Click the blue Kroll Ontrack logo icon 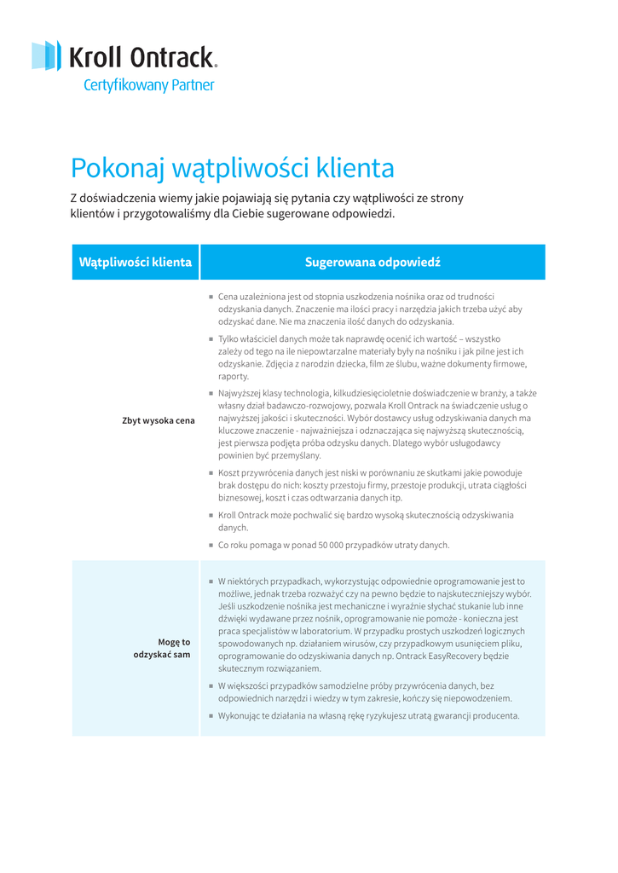pos(47,56)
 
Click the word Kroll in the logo pos(94,58)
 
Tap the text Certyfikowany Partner pos(148,85)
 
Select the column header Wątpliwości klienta pos(136,262)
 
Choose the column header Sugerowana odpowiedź pos(373,262)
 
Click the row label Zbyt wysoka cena pos(159,420)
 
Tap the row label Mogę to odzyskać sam pos(162,648)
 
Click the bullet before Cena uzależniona pos(211,297)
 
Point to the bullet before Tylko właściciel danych pos(211,338)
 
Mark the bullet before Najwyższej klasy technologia pos(211,393)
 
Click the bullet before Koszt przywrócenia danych pos(211,472)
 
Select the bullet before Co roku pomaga pos(211,545)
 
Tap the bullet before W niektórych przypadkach pos(211,581)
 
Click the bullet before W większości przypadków pos(211,685)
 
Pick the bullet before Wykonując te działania pos(211,715)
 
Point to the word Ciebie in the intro pos(248,214)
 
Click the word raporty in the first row pos(234,376)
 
